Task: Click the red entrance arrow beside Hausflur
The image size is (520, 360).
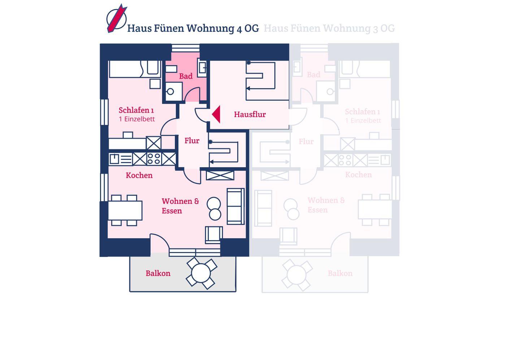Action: (x=216, y=114)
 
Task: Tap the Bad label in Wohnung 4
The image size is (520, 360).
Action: (x=186, y=76)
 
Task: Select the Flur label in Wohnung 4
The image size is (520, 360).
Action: (x=192, y=141)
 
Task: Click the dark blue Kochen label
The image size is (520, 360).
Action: (x=139, y=175)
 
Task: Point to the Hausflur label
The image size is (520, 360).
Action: (x=250, y=114)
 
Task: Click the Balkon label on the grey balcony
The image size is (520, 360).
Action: (x=158, y=273)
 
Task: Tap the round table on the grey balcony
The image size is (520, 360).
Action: (x=201, y=273)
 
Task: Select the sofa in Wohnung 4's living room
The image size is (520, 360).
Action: (x=235, y=206)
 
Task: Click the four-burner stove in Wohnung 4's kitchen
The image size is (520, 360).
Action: (x=154, y=159)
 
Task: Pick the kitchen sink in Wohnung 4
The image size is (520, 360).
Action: (x=114, y=159)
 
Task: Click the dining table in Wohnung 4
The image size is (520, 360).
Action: (x=125, y=210)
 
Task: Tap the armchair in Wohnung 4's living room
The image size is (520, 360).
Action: (x=213, y=234)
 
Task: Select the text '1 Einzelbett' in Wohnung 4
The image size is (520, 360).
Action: (x=136, y=119)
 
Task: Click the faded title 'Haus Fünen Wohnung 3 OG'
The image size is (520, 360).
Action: (x=329, y=28)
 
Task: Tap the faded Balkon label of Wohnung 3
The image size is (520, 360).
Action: (x=340, y=273)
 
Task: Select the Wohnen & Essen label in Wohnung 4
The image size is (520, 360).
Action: (x=180, y=206)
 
